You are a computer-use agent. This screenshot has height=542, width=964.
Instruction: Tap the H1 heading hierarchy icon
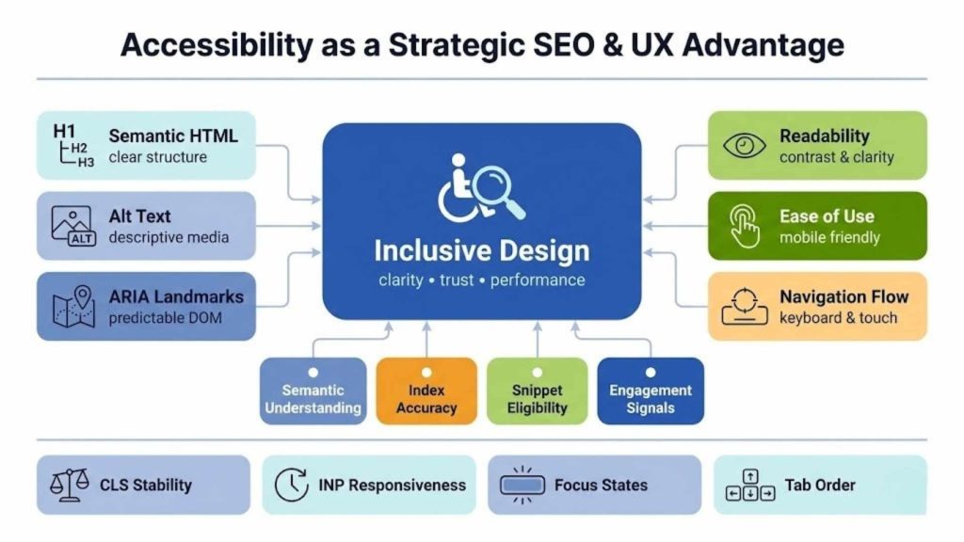point(72,145)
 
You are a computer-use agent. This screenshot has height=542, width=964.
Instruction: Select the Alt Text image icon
point(72,226)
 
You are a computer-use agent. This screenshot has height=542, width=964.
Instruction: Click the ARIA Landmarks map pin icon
point(72,307)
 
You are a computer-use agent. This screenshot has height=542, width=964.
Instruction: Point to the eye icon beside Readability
point(745,145)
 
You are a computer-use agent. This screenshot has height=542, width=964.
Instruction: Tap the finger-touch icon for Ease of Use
point(745,226)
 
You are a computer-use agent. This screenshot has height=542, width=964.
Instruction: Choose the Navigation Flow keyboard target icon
point(745,307)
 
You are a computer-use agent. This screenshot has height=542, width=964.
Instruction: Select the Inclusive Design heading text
point(481,251)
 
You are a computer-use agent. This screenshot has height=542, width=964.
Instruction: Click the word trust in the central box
point(457,279)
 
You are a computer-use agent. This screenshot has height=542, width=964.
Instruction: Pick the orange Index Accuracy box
point(426,391)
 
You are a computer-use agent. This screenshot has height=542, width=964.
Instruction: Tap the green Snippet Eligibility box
point(538,391)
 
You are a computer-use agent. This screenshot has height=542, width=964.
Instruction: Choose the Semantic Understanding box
point(313,391)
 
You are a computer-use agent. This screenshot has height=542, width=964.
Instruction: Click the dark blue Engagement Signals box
point(650,391)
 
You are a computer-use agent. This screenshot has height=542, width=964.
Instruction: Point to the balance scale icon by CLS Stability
point(70,486)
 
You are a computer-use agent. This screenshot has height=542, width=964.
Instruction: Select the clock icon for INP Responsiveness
point(291,486)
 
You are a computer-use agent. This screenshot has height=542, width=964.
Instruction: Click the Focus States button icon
point(522,486)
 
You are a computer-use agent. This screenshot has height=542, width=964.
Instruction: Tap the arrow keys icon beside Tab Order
point(750,486)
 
